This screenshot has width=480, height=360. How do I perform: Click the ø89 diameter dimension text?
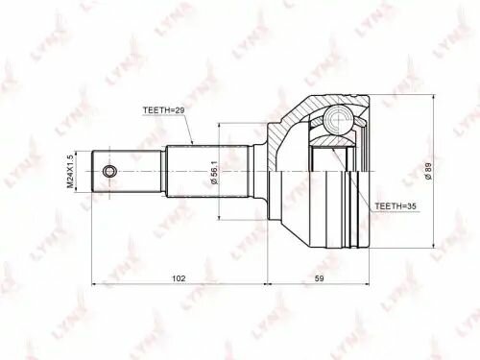point(438,173)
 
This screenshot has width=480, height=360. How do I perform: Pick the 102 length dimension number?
point(179,279)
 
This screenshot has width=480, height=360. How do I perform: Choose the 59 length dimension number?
point(320,279)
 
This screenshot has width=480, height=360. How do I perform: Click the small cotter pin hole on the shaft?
point(110,173)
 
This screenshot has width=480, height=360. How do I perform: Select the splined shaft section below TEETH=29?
point(206,173)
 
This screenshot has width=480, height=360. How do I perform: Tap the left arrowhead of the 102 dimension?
point(93,284)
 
